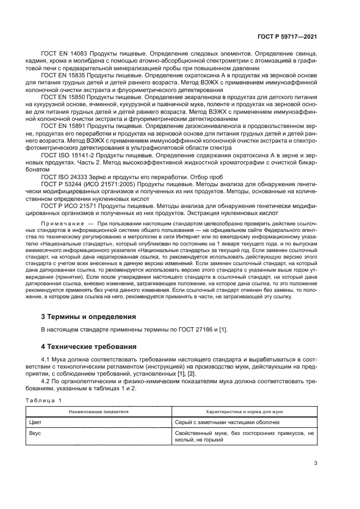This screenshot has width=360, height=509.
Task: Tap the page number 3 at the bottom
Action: (315, 463)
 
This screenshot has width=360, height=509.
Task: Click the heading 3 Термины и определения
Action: (89, 316)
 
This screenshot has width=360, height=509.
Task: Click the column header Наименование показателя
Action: (99, 412)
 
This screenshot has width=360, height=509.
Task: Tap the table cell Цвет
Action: (35, 422)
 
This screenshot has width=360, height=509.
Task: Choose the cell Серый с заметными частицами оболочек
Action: (228, 422)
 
